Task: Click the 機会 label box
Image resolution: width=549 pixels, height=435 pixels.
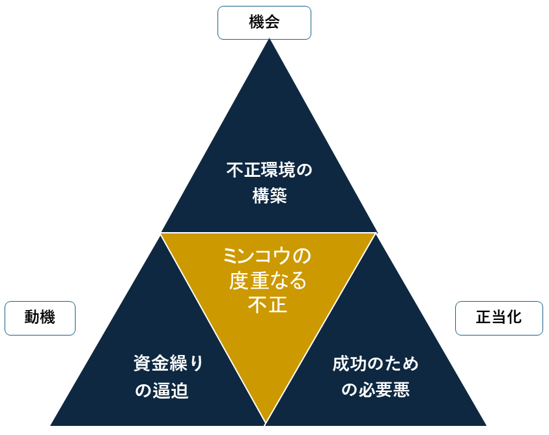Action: pos(264,23)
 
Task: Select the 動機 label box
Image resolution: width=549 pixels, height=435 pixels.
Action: pos(40,318)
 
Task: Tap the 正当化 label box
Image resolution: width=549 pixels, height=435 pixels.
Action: pos(499,318)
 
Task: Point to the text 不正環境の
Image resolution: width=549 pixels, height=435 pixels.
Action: pos(269,170)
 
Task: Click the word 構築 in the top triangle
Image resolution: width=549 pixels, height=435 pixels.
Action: pos(269,196)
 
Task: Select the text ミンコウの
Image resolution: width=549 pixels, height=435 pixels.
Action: pos(268,256)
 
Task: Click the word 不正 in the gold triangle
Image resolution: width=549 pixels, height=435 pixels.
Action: pos(268,304)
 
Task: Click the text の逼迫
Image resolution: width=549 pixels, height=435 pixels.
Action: pos(161,391)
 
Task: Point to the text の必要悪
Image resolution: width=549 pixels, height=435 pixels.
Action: pos(376,390)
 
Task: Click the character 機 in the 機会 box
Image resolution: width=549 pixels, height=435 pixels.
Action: pos(257,23)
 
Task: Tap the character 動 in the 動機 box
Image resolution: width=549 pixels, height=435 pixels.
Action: pos(32,318)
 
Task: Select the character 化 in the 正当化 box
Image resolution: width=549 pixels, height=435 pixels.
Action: pos(514,318)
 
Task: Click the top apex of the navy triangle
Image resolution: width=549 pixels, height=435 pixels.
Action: pos(269,40)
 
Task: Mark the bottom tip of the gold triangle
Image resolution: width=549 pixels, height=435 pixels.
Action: pos(266,421)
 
